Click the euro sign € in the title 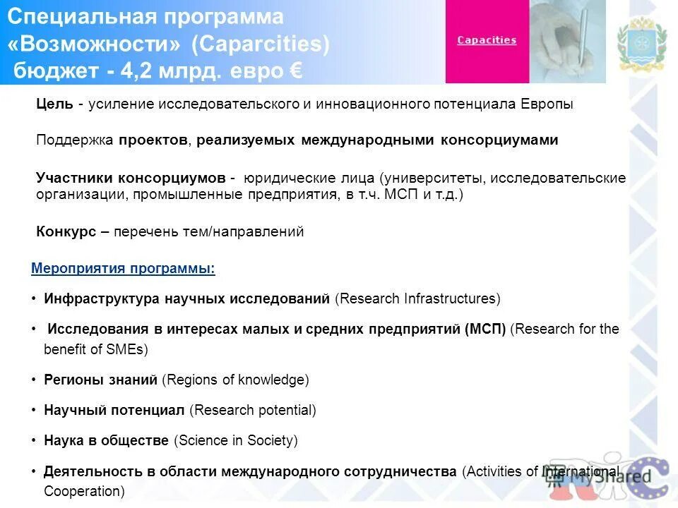296,71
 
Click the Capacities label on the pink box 487,40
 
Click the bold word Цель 54,104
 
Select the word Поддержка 74,140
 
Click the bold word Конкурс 66,231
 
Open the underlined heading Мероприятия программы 123,269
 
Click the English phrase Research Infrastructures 417,298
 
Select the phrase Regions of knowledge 235,380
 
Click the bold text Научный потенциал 114,410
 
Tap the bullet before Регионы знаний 34,380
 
